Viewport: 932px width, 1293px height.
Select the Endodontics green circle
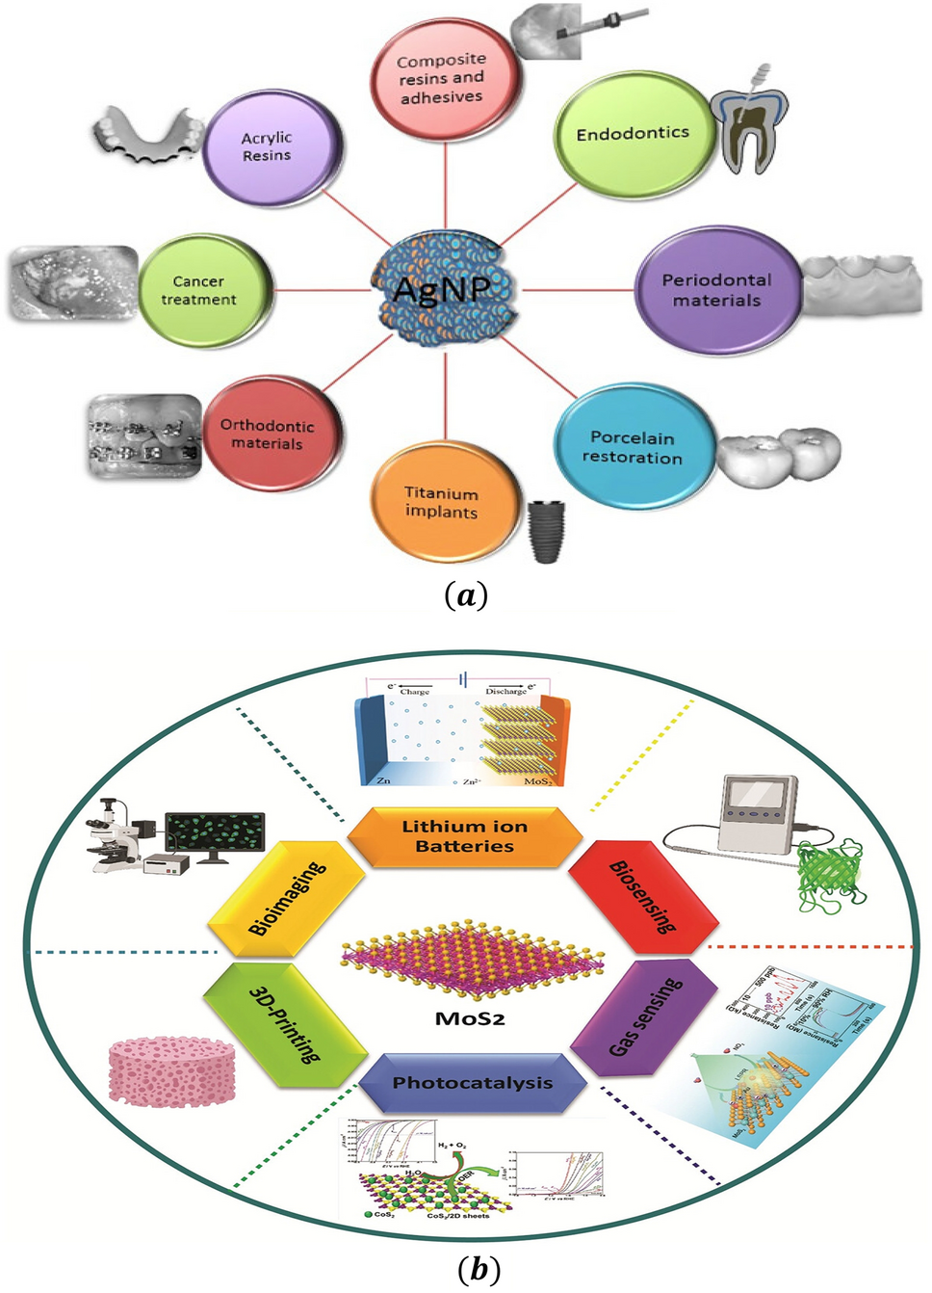pyautogui.click(x=634, y=133)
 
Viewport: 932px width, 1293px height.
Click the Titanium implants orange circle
pyautogui.click(x=442, y=502)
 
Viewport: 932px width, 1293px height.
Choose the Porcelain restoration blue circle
pyautogui.click(x=633, y=447)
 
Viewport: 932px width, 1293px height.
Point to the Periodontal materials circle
pyautogui.click(x=716, y=290)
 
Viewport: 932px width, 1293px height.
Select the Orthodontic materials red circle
pyautogui.click(x=269, y=434)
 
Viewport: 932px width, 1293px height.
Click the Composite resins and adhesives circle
pyautogui.click(x=442, y=79)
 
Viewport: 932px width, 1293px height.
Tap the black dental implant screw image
pyautogui.click(x=546, y=530)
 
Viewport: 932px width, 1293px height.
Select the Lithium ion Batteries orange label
pyautogui.click(x=465, y=836)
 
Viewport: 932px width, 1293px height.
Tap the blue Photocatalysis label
pyautogui.click(x=472, y=1083)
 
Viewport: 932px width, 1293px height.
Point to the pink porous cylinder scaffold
pyautogui.click(x=171, y=1071)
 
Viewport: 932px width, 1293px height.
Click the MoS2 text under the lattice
pyautogui.click(x=470, y=1018)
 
